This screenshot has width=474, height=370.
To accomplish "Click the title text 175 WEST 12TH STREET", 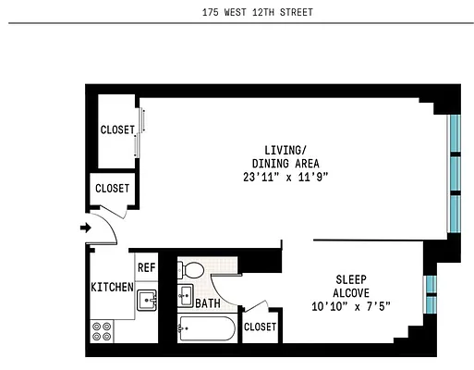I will pos(237,14).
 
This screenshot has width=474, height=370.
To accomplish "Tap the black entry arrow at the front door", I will pos(85,228).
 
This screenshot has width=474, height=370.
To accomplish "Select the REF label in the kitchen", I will pos(146,267).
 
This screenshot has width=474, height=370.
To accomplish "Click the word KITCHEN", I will pos(112,287).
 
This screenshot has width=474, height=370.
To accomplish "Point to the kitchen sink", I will pos(147,300).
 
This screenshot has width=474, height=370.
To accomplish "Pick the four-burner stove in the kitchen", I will pos(102,331).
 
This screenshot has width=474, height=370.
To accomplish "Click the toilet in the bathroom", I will pos(193,270).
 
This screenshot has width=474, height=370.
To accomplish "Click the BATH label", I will pos(208,302).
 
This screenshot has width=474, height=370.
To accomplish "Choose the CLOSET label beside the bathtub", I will pos(259,327).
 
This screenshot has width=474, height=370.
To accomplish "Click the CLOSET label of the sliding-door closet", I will pos(117,130).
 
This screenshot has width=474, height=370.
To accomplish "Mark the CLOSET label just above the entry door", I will pos(113,190).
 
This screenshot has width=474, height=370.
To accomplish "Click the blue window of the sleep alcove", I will pos(430,293).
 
